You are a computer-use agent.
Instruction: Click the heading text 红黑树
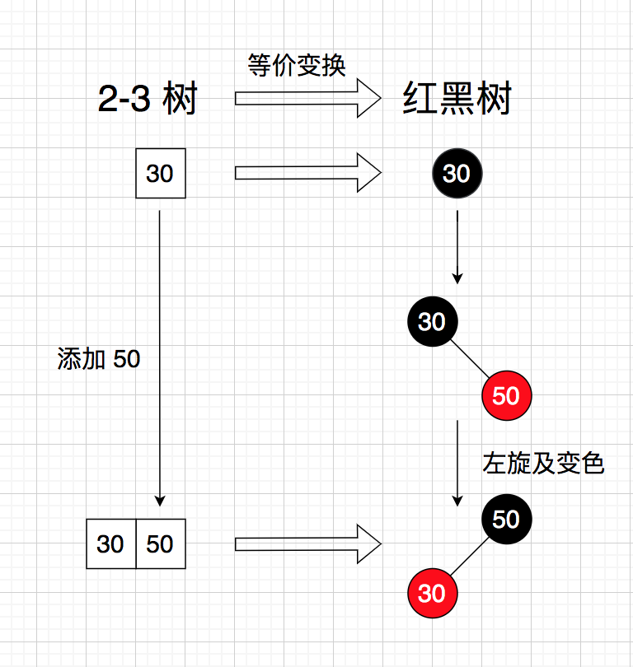(x=457, y=100)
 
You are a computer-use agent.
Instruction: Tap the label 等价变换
(x=297, y=65)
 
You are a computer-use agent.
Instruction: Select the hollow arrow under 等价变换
(x=307, y=99)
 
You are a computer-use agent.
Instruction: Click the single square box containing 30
(x=160, y=174)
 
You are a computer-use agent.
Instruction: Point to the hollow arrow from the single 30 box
(x=307, y=173)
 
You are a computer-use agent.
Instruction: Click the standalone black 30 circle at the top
(x=457, y=174)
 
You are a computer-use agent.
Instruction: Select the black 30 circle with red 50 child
(x=432, y=321)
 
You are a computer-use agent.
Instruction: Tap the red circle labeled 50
(x=506, y=396)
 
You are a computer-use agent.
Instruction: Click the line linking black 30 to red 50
(x=469, y=359)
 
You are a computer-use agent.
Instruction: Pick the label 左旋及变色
(x=543, y=464)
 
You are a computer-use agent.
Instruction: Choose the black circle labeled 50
(x=506, y=520)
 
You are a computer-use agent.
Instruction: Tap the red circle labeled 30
(x=432, y=593)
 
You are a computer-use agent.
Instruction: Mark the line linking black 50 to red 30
(x=469, y=557)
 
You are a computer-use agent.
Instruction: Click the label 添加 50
(x=99, y=359)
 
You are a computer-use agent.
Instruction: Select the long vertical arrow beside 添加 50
(x=160, y=358)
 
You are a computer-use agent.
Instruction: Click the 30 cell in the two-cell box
(x=110, y=543)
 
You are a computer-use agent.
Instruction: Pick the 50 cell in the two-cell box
(x=161, y=543)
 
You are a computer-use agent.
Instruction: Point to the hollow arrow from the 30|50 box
(x=307, y=543)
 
